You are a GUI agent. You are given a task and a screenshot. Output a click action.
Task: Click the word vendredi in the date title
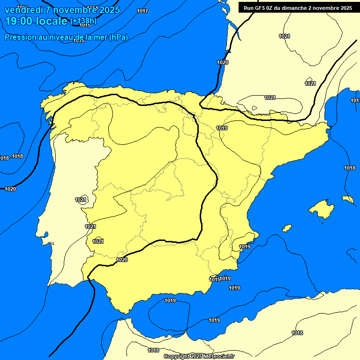click(24, 10)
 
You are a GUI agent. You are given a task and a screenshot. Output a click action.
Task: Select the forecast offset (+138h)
click(83, 21)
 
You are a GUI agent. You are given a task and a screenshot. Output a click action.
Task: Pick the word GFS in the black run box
click(259, 8)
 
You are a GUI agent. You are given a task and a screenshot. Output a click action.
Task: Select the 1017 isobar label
click(143, 11)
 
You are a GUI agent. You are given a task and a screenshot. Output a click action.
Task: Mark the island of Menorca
click(348, 199)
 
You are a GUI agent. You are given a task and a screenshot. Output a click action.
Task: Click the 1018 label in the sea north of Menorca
click(350, 168)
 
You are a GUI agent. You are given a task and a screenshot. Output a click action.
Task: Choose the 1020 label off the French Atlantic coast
click(223, 62)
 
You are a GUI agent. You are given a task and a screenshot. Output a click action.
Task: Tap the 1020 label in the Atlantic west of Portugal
click(10, 189)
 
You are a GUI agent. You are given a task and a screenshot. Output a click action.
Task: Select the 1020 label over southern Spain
click(122, 260)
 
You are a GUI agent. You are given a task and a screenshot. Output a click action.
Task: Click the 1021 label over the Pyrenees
click(270, 97)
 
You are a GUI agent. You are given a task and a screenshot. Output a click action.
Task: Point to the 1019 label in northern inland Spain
click(222, 128)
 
